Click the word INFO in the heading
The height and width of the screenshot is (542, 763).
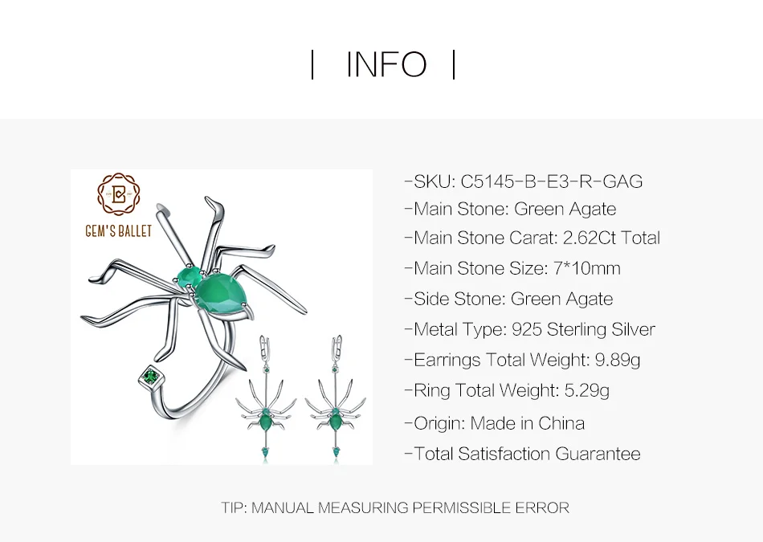[386, 65]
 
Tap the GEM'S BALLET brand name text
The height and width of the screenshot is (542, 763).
[118, 232]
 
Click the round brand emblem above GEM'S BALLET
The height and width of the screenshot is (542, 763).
[118, 197]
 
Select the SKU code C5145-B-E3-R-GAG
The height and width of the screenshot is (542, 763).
[552, 181]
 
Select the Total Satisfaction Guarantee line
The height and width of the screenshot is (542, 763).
[527, 454]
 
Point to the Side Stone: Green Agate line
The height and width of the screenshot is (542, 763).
[512, 299]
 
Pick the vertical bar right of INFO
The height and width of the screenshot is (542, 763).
[454, 65]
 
